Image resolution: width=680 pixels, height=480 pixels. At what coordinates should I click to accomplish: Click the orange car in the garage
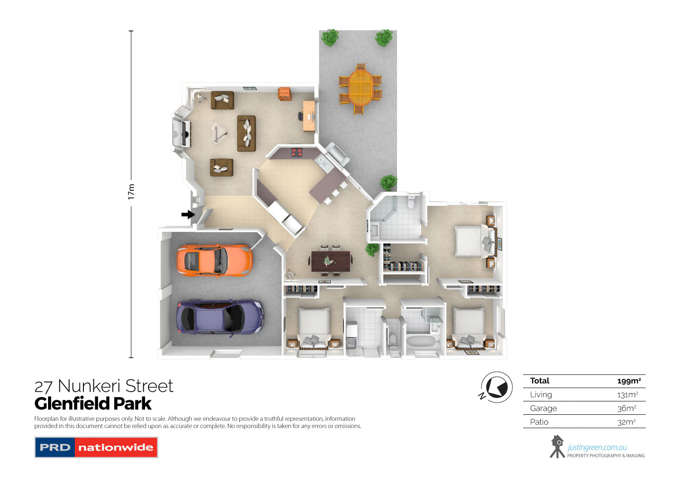click(x=214, y=260)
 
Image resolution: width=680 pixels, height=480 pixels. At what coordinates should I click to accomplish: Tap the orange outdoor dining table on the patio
click(x=360, y=89)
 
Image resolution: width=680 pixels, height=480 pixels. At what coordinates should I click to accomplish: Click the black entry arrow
click(x=188, y=214)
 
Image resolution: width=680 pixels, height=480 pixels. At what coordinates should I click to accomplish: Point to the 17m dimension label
click(x=131, y=192)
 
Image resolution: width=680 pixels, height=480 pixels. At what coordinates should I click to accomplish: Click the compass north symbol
click(x=496, y=388)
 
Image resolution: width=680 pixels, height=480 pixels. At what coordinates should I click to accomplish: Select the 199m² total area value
click(x=629, y=381)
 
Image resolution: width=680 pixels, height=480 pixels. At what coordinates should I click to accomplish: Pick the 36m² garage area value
click(x=627, y=408)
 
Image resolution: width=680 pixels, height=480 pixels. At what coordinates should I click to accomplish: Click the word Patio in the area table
click(x=539, y=422)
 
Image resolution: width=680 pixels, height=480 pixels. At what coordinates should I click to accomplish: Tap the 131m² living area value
click(x=627, y=395)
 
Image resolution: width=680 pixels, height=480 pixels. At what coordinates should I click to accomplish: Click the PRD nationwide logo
click(x=96, y=447)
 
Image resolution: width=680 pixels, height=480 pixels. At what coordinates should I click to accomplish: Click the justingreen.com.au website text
click(x=597, y=447)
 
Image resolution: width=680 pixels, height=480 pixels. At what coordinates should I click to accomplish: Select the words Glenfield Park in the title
click(x=93, y=403)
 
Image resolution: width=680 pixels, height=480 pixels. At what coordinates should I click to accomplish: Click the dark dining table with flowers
click(x=330, y=261)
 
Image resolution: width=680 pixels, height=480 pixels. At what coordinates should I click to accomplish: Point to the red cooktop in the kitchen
click(x=296, y=152)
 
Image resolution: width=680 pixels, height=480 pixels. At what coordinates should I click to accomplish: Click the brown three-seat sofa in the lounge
click(x=246, y=133)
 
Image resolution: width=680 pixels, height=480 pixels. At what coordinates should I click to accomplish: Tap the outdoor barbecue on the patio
click(x=337, y=154)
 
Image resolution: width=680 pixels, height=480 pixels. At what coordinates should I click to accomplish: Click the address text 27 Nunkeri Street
click(x=104, y=386)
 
